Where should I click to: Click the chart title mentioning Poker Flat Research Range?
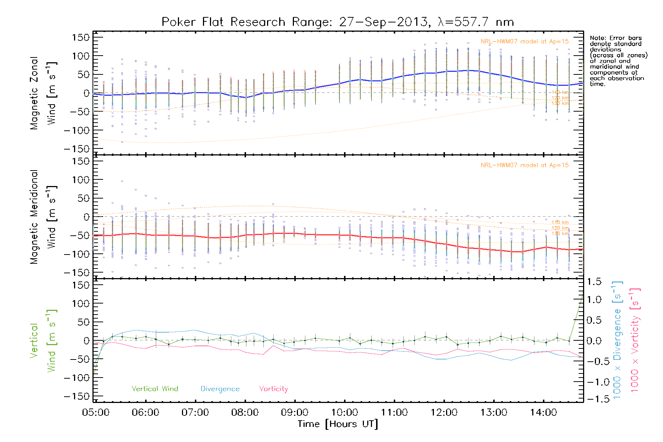(337, 22)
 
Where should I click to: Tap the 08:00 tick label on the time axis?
(245, 413)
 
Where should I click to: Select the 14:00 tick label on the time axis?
(543, 413)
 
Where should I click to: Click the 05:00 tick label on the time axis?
(96, 413)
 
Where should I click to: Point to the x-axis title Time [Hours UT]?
(338, 424)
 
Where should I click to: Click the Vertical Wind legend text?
(155, 389)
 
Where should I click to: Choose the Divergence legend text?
(220, 389)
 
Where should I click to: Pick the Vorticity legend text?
(273, 389)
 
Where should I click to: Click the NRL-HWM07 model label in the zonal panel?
(525, 41)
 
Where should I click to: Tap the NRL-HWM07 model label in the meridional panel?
(525, 165)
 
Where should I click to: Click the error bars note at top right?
(618, 61)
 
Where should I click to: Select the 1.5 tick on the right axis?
(594, 282)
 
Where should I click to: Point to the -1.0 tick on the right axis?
(594, 382)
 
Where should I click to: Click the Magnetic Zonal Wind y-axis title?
(43, 93)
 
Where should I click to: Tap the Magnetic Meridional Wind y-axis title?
(43, 217)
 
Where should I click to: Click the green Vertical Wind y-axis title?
(43, 341)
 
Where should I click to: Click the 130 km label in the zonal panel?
(560, 104)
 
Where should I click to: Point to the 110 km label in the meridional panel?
(560, 222)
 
